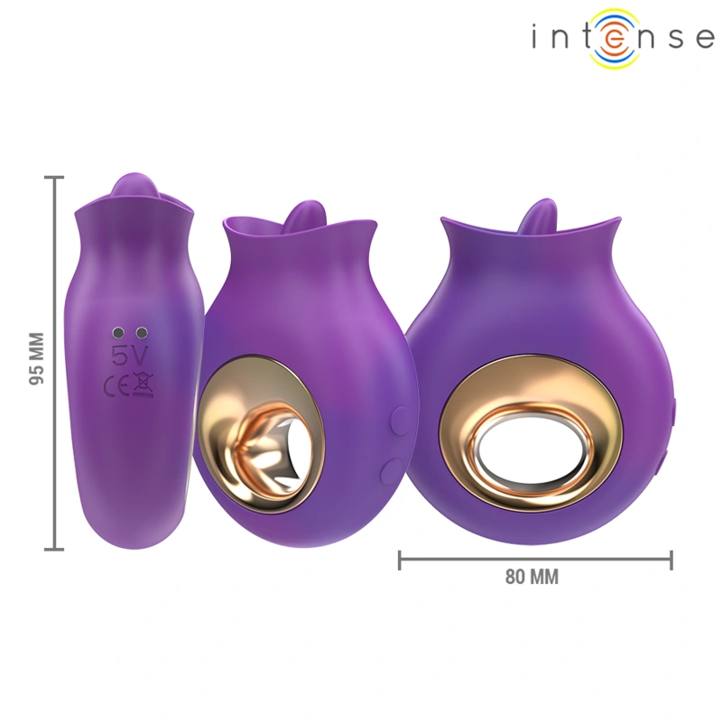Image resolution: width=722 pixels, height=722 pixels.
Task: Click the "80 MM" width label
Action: (x=532, y=578)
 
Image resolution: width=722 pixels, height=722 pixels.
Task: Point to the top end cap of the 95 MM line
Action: (x=56, y=179)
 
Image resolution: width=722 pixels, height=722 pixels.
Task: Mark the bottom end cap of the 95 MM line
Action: (x=56, y=548)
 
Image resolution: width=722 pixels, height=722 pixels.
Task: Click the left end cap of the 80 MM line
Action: (x=400, y=560)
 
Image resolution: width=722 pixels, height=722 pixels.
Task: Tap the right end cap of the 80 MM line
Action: (x=671, y=560)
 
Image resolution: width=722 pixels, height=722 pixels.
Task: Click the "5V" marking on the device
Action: (x=127, y=353)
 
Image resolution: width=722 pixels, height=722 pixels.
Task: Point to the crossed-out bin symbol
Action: (x=142, y=386)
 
